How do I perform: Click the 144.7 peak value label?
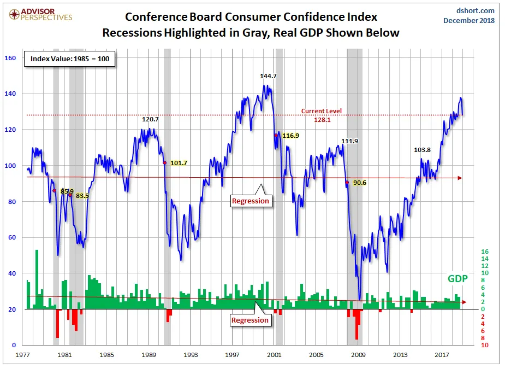click(268, 76)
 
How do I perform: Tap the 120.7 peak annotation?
click(150, 119)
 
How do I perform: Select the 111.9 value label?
click(349, 141)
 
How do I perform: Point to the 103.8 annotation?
click(422, 149)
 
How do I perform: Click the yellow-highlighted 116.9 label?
click(290, 135)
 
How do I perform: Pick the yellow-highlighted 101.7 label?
click(179, 163)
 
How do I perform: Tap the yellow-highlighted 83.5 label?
click(82, 195)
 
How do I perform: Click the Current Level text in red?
click(322, 111)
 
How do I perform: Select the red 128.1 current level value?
click(322, 119)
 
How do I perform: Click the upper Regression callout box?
click(251, 201)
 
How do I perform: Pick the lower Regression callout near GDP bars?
click(250, 320)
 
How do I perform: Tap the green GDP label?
click(458, 278)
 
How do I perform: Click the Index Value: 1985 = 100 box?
click(69, 59)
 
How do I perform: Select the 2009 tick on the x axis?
click(358, 355)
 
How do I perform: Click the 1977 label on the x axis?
click(23, 355)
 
